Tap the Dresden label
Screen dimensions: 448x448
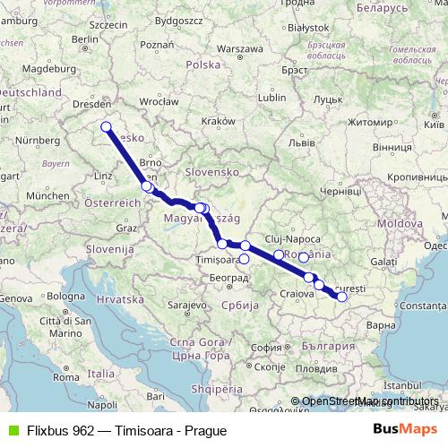pos(89,104)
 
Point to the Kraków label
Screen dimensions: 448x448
pos(218,121)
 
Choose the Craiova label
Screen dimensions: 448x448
pos(296,293)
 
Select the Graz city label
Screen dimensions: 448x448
pos(126,228)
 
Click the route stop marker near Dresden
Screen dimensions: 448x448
pos(106,127)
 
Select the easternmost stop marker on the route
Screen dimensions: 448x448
pos(341,296)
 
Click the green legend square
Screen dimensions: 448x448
pos(11,429)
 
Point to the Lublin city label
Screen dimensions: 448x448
pos(271,97)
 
